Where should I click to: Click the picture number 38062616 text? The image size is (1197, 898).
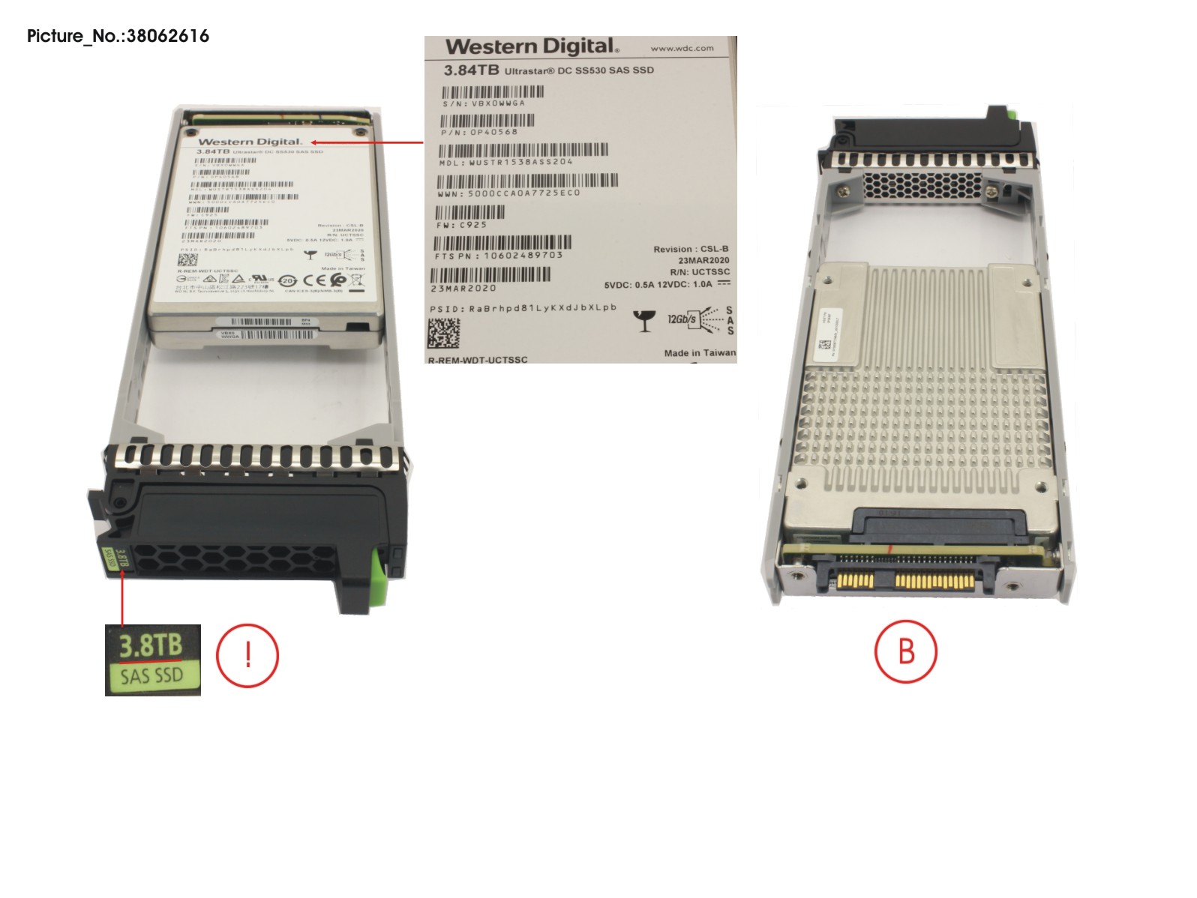118,36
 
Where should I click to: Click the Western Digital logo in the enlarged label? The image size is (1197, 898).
532,46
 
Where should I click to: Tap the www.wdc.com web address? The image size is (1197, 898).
682,49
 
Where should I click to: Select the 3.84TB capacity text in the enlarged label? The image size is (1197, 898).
471,70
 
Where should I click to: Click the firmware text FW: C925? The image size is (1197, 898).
462,225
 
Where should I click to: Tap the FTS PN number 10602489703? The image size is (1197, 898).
523,256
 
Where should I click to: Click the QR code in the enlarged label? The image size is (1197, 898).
443,333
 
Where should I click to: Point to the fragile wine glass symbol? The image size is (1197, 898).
643,320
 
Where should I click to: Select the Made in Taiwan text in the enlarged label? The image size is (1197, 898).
700,353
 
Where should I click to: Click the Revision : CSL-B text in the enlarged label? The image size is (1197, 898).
691,249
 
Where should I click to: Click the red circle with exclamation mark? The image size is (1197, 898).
247,655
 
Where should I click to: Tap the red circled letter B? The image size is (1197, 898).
906,651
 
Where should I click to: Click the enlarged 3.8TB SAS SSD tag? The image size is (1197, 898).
153,660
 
